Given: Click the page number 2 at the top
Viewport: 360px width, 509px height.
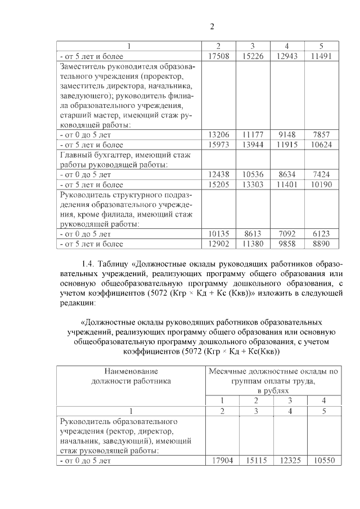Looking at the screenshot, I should (212, 26).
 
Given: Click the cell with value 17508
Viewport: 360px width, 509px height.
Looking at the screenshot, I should (218, 56).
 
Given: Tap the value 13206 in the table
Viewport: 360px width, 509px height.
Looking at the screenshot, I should (218, 135).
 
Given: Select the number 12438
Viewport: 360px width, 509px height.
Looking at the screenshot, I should (218, 175).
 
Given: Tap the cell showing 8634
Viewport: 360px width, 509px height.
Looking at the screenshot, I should (287, 175).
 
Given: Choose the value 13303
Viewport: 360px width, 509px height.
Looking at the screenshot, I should (253, 184).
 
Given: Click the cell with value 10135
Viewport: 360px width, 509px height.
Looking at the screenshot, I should (218, 234).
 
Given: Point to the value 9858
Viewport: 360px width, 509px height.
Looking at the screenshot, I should (287, 244).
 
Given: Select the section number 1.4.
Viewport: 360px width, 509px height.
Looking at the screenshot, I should (89, 264).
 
